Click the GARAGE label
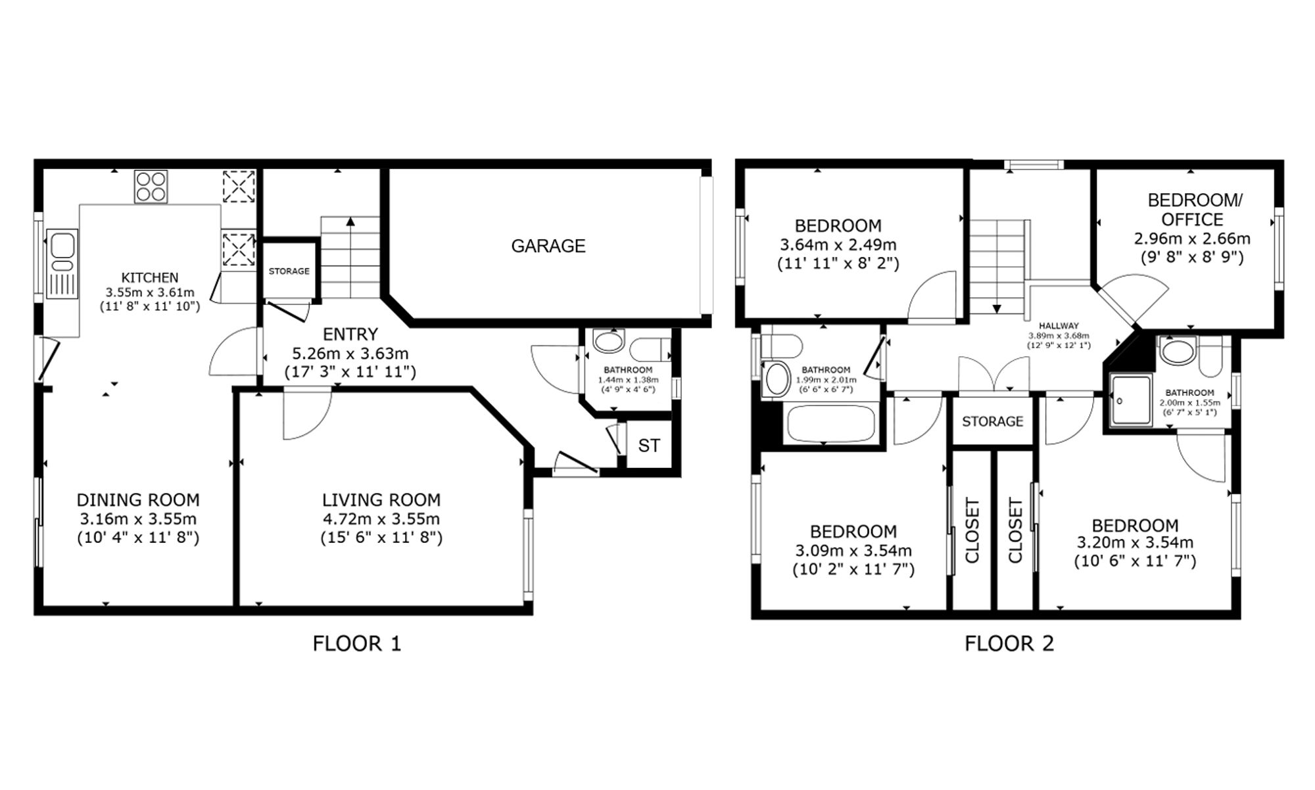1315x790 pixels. pyautogui.click(x=548, y=246)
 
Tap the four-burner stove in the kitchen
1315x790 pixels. pyautogui.click(x=151, y=186)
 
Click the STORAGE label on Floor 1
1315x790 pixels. pyautogui.click(x=289, y=271)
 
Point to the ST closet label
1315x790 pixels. pyautogui.click(x=649, y=446)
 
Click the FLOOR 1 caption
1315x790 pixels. pyautogui.click(x=357, y=643)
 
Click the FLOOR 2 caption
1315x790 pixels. pyautogui.click(x=1009, y=643)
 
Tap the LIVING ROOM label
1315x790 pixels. pyautogui.click(x=381, y=500)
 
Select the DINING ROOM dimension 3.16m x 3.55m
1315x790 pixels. pyautogui.click(x=138, y=519)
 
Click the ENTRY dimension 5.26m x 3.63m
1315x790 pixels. pyautogui.click(x=350, y=354)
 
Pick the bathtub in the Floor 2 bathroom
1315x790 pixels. pyautogui.click(x=830, y=423)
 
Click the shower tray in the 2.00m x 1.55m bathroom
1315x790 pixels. pyautogui.click(x=1131, y=400)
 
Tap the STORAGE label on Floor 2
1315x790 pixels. pyautogui.click(x=993, y=421)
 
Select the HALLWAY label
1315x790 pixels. pyautogui.click(x=1059, y=325)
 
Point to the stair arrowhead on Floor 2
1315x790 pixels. pyautogui.click(x=997, y=308)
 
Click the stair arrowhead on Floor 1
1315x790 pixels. pyautogui.click(x=350, y=221)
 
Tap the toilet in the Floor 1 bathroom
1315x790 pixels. pyautogui.click(x=648, y=348)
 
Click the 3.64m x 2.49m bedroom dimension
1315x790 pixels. pyautogui.click(x=838, y=245)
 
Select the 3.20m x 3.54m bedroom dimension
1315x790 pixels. pyautogui.click(x=1135, y=543)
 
